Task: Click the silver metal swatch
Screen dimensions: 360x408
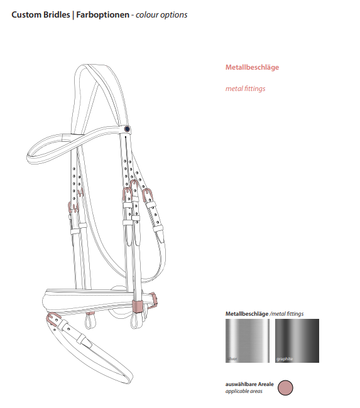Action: pos(247,340)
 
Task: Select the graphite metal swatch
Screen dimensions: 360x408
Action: pos(297,340)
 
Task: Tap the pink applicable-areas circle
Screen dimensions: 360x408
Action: pos(285,387)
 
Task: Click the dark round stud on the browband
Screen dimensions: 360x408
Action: pos(127,129)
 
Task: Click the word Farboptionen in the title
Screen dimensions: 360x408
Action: pos(102,14)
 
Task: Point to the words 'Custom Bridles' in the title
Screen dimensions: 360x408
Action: pos(41,14)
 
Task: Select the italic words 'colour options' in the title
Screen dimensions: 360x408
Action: pos(161,15)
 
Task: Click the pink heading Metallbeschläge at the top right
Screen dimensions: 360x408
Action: pos(252,67)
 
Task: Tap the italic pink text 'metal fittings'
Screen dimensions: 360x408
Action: pos(246,89)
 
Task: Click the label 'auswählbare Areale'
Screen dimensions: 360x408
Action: pos(249,384)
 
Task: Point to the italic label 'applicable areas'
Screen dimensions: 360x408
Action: pos(244,391)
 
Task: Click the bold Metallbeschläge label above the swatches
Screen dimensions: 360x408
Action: pos(247,314)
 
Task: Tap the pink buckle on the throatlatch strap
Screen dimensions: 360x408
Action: pos(148,195)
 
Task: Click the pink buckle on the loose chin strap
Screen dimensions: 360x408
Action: pos(53,319)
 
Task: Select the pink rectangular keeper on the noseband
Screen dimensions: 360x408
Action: pos(138,306)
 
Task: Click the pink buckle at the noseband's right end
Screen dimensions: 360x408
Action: pos(153,298)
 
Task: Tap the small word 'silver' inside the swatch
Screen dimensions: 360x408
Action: pos(232,359)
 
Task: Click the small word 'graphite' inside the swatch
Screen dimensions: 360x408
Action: pos(285,359)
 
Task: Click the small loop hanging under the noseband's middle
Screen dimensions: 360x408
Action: pos(90,319)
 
